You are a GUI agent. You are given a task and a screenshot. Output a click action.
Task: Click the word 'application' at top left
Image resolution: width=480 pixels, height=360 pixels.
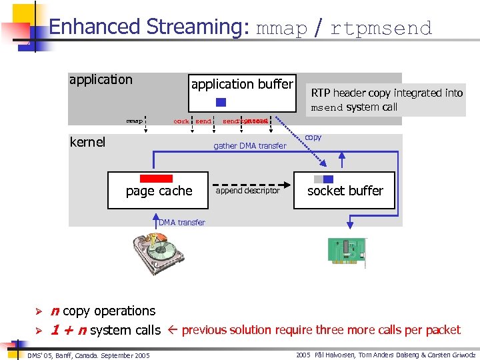[101, 80]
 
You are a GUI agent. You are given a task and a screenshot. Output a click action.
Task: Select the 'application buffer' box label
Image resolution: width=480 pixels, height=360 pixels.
[242, 84]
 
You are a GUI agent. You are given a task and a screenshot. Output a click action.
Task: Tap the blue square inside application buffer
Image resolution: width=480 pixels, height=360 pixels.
[221, 103]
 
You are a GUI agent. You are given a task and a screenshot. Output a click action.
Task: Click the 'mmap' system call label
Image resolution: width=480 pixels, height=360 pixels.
[135, 121]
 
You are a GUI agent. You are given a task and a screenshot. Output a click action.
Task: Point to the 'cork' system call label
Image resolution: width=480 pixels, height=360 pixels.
[181, 121]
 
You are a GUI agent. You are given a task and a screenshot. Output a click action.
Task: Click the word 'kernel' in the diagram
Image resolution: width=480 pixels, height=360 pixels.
[87, 142]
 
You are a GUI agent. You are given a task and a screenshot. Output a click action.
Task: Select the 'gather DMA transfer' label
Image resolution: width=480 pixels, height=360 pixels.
[249, 146]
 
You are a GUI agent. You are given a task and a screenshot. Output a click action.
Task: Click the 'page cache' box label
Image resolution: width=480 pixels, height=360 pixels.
[159, 191]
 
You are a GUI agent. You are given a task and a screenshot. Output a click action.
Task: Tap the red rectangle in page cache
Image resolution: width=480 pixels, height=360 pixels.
[156, 179]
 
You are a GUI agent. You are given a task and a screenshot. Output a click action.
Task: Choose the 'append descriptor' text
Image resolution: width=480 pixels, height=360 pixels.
[249, 191]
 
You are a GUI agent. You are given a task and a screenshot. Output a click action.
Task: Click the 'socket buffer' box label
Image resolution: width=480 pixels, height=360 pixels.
[345, 191]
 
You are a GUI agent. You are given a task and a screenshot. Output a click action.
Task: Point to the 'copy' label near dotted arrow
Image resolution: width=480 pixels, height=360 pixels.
[313, 137]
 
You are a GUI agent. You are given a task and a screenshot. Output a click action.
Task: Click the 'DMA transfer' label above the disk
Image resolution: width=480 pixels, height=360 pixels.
[182, 222]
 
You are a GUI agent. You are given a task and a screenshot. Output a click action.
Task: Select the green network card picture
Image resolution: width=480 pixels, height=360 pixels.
[346, 250]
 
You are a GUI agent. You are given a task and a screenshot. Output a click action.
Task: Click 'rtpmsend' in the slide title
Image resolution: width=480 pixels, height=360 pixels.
[381, 28]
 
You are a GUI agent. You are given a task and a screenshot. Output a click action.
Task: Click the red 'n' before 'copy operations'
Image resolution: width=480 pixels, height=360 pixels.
[55, 311]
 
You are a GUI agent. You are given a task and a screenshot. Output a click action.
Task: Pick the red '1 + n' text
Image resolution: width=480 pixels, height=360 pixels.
[69, 330]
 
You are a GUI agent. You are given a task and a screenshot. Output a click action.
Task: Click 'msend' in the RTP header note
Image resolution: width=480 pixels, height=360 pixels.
[327, 107]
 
